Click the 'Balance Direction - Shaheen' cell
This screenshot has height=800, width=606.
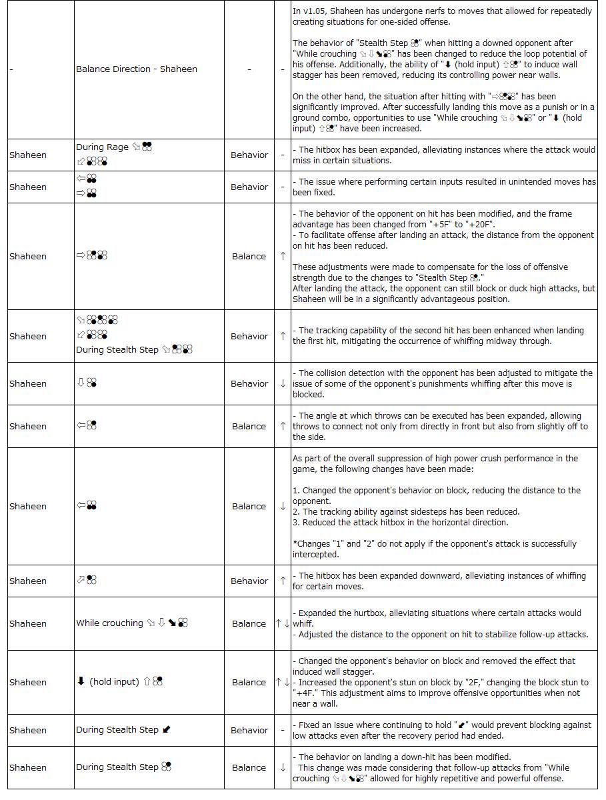tap(137, 69)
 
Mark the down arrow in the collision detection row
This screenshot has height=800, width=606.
tap(283, 384)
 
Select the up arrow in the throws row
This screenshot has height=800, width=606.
tap(283, 427)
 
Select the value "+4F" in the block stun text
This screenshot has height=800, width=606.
tap(305, 693)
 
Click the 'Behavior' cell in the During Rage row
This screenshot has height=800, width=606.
tap(249, 155)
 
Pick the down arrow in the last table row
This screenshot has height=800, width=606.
tap(283, 768)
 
